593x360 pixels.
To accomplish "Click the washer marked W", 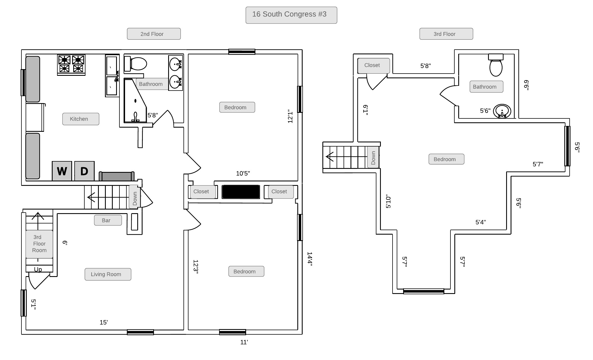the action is pos(62,171).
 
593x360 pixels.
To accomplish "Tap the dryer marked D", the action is pos(84,171).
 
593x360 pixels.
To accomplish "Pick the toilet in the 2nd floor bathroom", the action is pos(136,64).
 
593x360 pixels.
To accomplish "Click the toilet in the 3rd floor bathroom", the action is pos(496,65).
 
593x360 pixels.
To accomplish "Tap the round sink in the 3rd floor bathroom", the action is pos(502,111).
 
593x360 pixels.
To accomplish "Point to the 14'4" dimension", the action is pos(310,259).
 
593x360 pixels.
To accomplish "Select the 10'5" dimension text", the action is pos(243,174).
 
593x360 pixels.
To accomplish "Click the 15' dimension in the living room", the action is pos(104,322).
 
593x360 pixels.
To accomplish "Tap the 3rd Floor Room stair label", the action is pos(39,244).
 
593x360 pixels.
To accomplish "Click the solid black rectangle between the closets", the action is pos(241,192).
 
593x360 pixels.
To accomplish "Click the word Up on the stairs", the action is pos(38,269).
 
